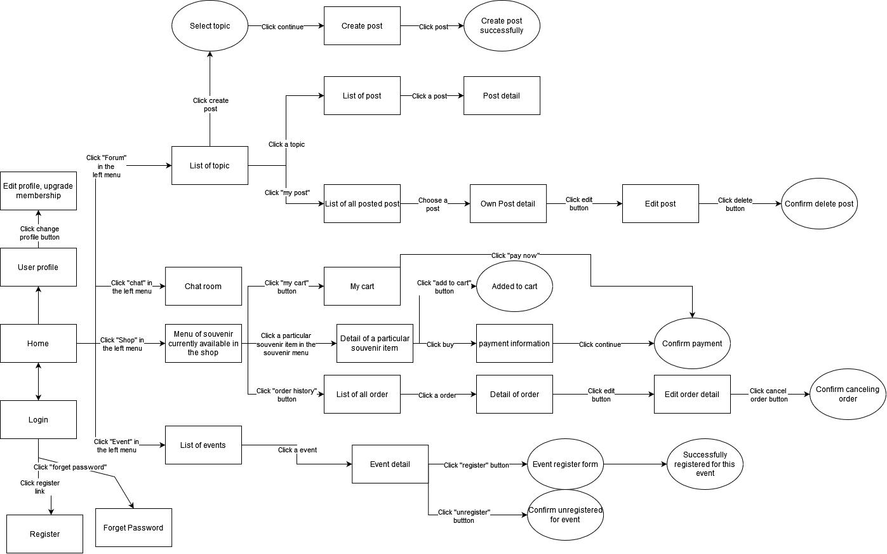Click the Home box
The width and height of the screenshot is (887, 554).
(x=38, y=343)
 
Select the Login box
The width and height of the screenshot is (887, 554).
(x=38, y=419)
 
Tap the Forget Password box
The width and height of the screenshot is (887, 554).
(x=133, y=527)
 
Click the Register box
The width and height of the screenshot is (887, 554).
(x=44, y=534)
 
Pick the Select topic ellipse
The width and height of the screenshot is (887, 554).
(x=210, y=26)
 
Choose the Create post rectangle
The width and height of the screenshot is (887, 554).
(x=362, y=26)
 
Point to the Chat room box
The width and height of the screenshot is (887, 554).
(x=203, y=286)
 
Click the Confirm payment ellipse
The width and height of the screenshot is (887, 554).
(x=692, y=343)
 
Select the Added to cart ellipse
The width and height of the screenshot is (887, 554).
(x=514, y=286)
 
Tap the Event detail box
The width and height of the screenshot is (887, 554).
(x=390, y=464)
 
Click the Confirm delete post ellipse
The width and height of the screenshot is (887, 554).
(x=819, y=203)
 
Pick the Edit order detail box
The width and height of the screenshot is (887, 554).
(x=692, y=394)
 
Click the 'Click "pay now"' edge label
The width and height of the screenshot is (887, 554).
(x=515, y=255)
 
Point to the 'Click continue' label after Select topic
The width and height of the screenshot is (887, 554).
(x=283, y=27)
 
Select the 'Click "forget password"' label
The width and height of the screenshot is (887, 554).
(x=70, y=467)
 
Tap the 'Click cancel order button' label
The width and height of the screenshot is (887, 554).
(x=768, y=395)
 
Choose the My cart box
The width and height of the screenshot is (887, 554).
(x=362, y=286)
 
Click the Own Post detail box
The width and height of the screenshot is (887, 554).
(x=508, y=203)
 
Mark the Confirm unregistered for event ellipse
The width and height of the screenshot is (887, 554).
(x=565, y=515)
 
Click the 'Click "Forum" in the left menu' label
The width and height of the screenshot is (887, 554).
(x=107, y=166)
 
